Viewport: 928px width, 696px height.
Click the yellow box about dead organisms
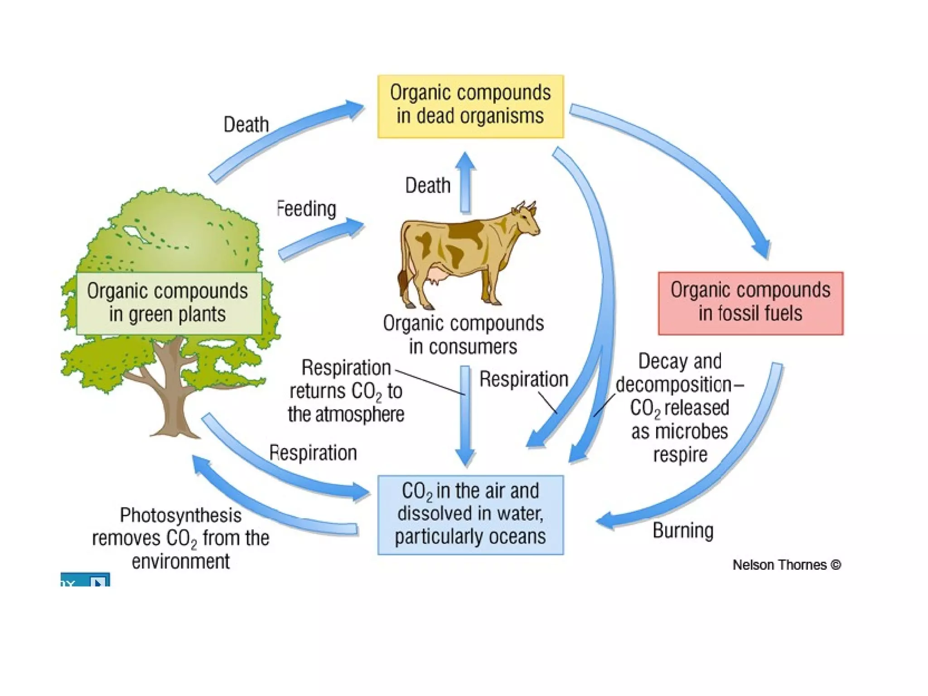pos(470,106)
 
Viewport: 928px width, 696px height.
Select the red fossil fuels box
pos(750,303)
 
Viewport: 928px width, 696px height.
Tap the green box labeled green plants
pos(169,303)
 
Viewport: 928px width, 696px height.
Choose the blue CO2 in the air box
pos(470,515)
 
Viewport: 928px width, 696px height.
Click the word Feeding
pos(307,209)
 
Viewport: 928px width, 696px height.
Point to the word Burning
pos(683,530)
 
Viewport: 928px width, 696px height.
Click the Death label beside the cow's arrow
pos(428,185)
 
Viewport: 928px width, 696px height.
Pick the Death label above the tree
pos(246,124)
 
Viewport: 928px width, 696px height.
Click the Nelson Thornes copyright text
pos(787,565)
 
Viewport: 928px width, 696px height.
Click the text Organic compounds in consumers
pos(463,335)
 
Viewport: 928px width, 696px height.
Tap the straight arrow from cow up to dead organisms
pos(465,184)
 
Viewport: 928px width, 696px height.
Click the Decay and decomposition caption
pos(680,407)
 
